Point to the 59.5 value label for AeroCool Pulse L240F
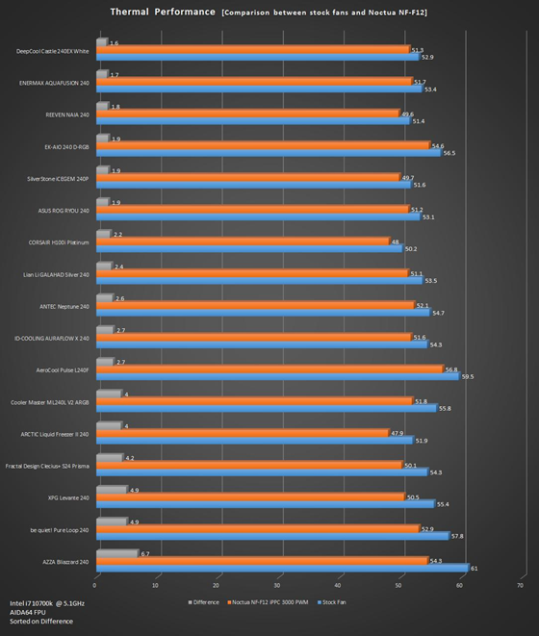(468, 377)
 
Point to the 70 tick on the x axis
(521, 584)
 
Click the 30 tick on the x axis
(278, 584)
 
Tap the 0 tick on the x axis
(95, 584)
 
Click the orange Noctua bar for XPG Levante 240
(249, 496)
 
